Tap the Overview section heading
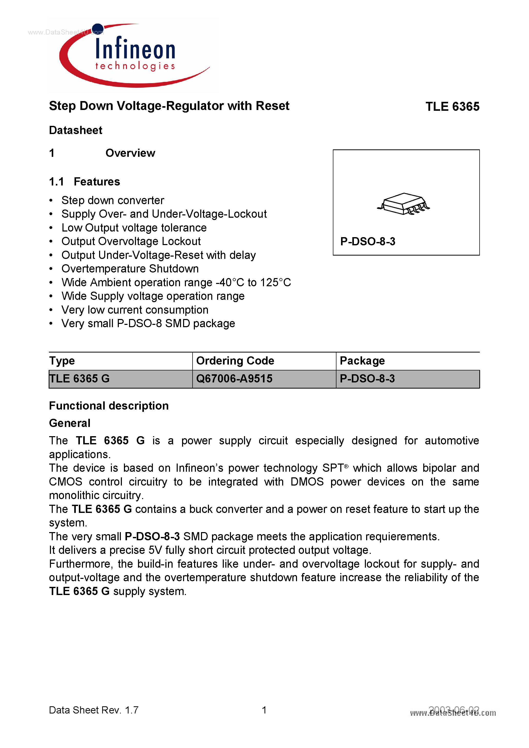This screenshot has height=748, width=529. click(x=130, y=153)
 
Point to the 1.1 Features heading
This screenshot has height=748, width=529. click(x=84, y=181)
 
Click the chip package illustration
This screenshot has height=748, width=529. click(x=404, y=204)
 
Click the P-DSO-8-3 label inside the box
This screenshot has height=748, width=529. click(x=368, y=241)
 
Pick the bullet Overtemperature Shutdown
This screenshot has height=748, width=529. click(x=130, y=269)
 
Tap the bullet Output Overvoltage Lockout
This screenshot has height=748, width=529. click(x=131, y=241)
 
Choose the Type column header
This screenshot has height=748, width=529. click(x=62, y=361)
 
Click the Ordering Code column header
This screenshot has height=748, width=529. click(x=235, y=361)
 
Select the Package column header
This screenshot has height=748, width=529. click(x=362, y=361)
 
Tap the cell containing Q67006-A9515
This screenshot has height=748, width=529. click(x=234, y=379)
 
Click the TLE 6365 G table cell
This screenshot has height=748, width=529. click(x=80, y=379)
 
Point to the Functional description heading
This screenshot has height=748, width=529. click(x=109, y=406)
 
